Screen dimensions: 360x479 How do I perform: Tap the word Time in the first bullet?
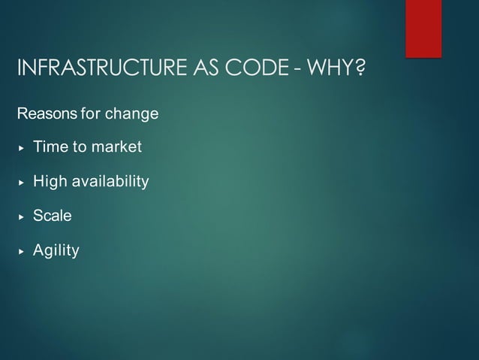pos(50,147)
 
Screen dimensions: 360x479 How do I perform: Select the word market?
pos(116,147)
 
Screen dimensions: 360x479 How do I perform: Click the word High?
pos(50,182)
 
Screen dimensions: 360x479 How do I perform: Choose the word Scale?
pos(53,216)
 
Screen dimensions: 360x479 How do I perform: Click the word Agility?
pos(56,250)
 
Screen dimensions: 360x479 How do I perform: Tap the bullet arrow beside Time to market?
pos(21,148)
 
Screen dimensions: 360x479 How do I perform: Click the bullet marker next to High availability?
pos(21,183)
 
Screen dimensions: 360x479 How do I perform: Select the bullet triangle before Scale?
pos(21,216)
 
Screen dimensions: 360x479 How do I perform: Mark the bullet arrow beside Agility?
pos(21,251)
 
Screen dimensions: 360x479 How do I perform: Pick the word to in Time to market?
pos(79,147)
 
